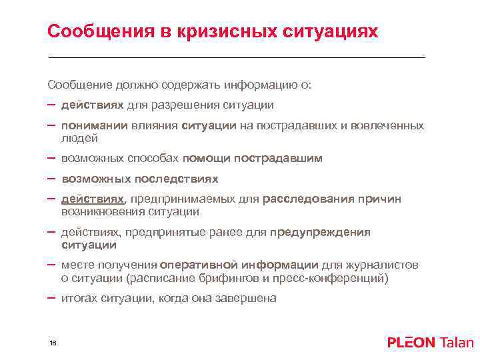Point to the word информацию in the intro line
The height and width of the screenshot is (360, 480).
tap(257, 85)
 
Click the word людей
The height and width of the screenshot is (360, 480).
tap(79, 138)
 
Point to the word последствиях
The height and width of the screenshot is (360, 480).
tap(177, 179)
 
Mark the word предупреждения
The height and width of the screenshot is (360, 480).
tap(320, 232)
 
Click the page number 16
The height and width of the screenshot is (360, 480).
tap(53, 343)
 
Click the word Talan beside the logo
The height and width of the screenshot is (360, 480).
tap(456, 343)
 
